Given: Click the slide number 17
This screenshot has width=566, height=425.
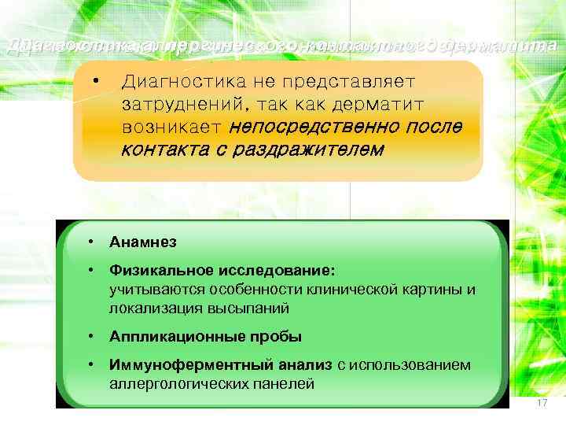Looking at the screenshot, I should [x=541, y=403].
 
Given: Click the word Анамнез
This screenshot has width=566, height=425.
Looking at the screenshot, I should [x=143, y=242].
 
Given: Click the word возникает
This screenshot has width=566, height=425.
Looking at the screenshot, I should [x=172, y=127].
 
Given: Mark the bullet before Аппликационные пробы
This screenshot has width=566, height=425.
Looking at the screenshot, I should [x=93, y=336].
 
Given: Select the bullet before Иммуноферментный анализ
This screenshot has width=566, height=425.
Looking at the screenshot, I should [x=93, y=365].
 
